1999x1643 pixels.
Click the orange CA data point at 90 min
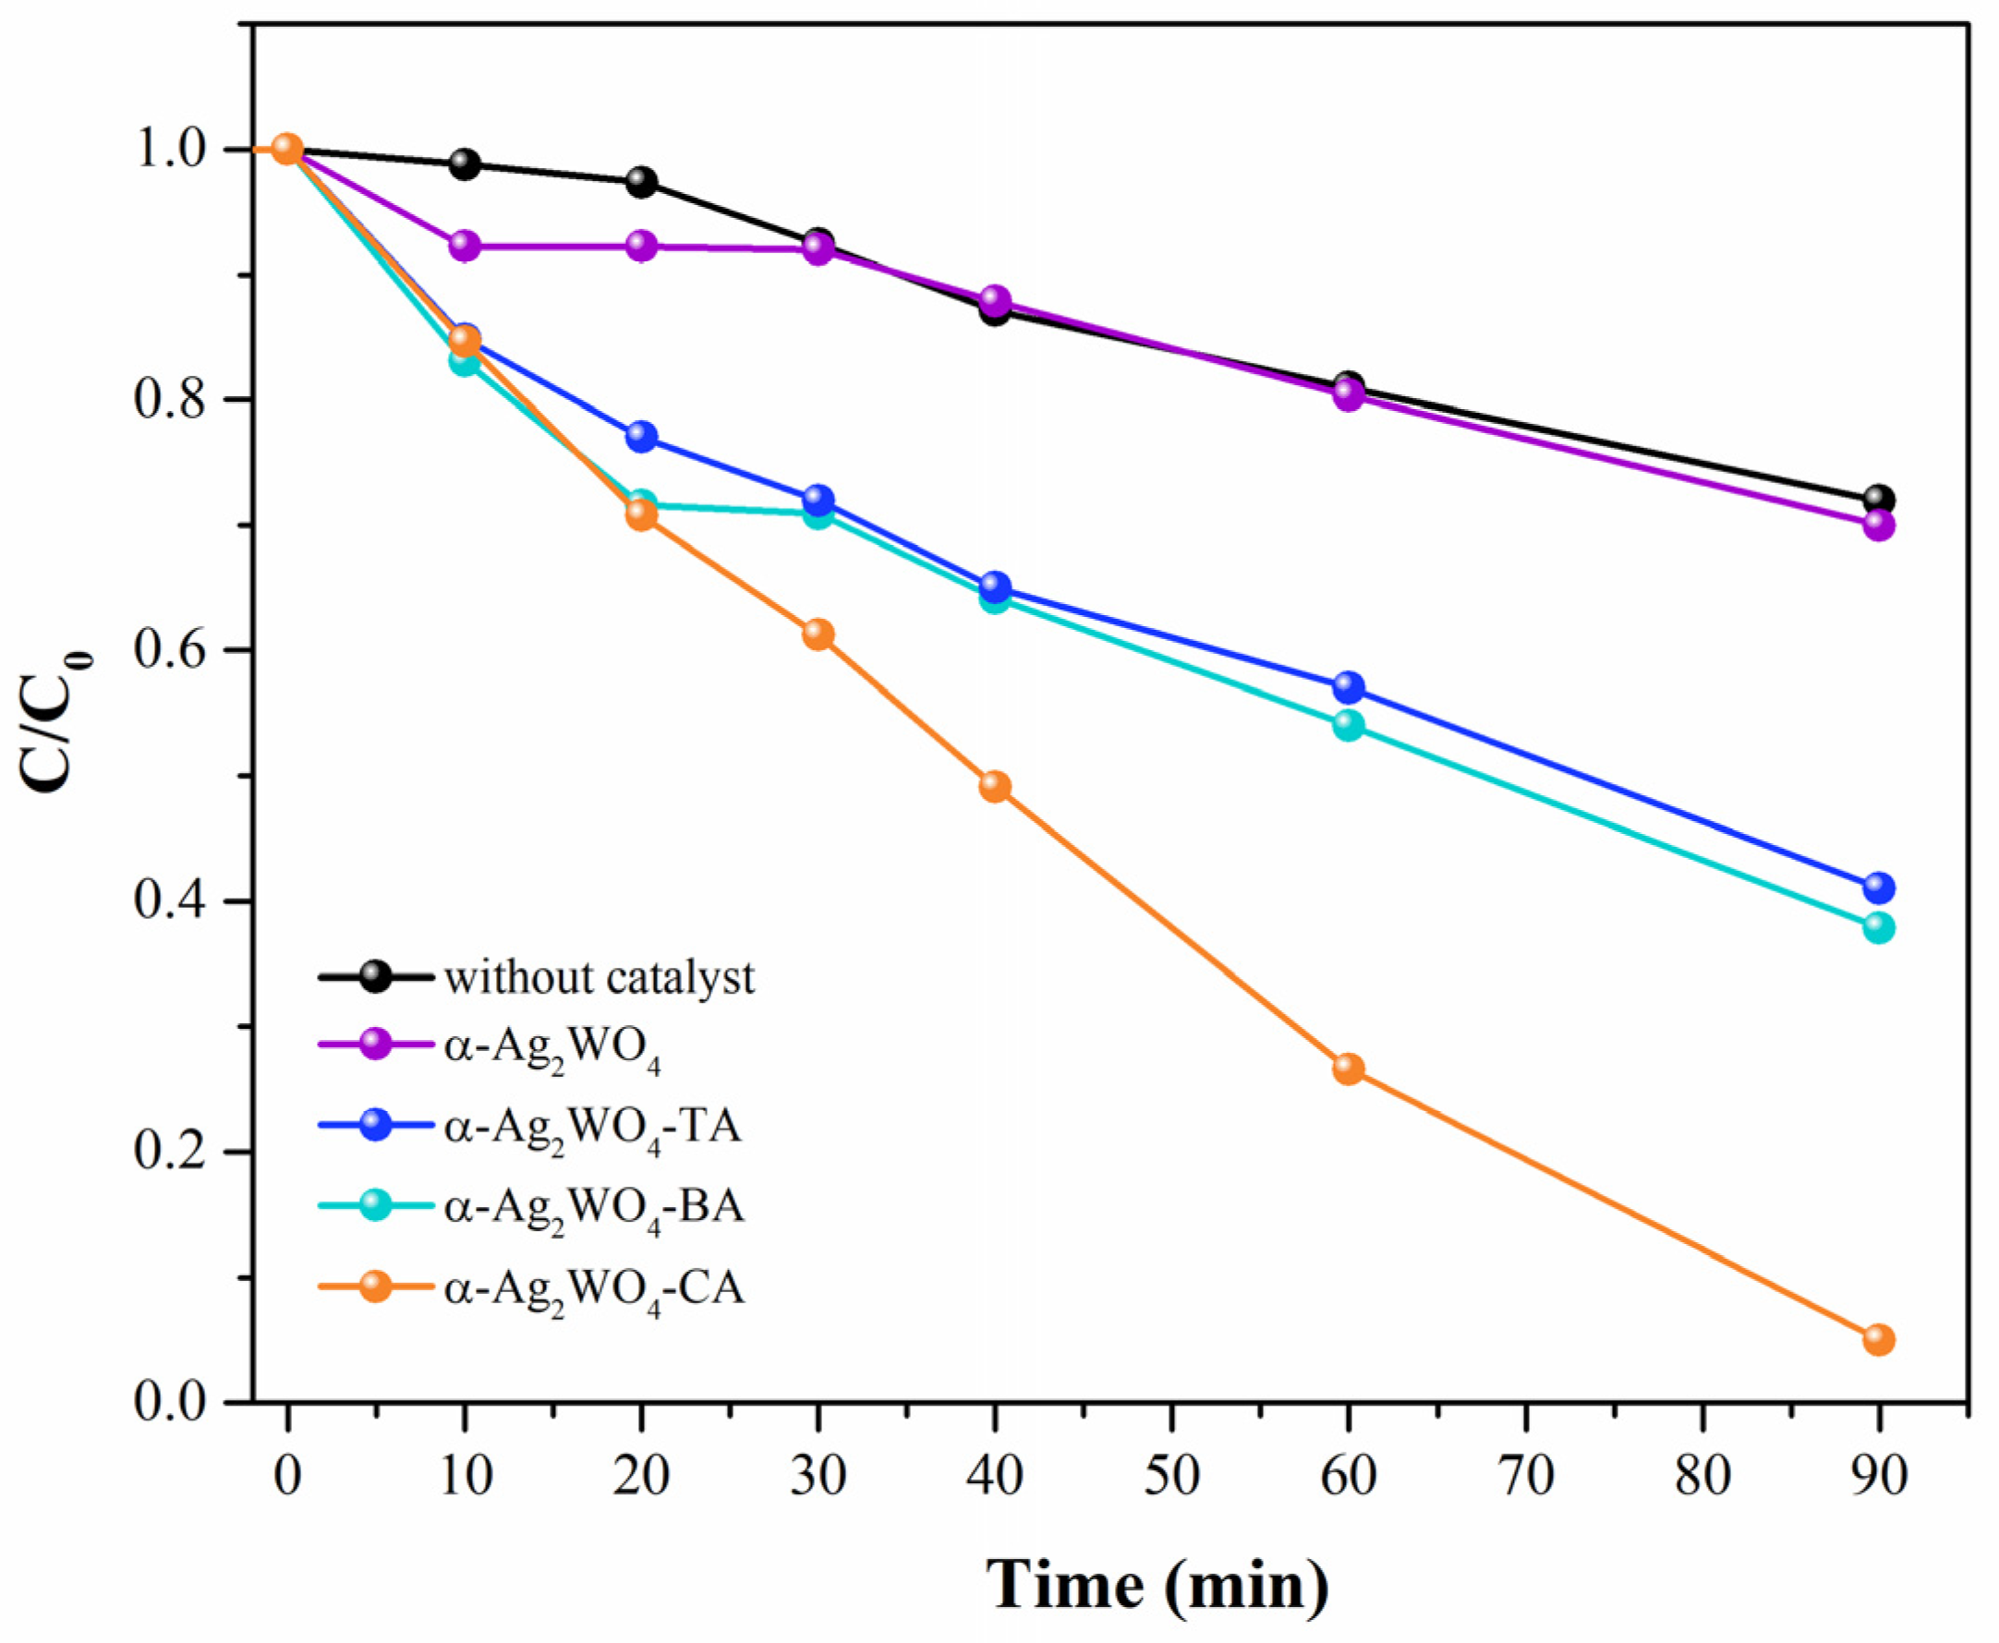1879,1339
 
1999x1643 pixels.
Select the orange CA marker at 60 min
1349,1069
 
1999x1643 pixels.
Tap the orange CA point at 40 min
995,787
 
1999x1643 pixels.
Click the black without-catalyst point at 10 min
464,163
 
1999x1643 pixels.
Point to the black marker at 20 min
642,182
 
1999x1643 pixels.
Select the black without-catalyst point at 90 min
1879,499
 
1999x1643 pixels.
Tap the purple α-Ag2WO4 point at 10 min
464,246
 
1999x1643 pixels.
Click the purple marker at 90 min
1879,526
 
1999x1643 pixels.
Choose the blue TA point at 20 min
642,436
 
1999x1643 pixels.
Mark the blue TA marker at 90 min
1879,888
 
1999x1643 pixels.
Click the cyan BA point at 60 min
1349,726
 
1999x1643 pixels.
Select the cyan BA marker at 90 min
1879,926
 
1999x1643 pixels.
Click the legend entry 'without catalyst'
600,978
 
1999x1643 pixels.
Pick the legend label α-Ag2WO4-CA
594,1289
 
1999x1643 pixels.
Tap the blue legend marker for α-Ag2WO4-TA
377,1125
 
